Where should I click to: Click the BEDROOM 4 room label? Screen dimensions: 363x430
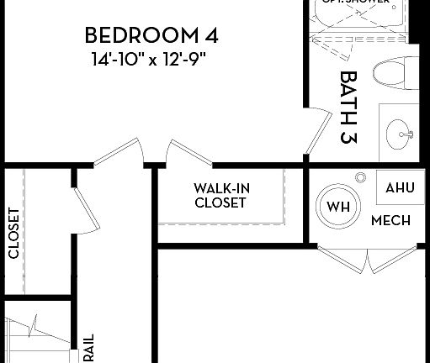point(152,36)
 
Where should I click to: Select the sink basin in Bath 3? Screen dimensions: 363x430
point(398,131)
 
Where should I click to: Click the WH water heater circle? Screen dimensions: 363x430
point(337,207)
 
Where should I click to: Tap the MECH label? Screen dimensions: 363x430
point(390,221)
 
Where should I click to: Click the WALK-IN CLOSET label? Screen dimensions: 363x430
point(220,196)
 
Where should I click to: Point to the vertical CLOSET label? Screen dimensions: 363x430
point(13,233)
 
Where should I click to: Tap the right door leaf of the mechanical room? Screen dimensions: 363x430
point(391,258)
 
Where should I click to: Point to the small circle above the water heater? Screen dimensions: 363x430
point(360,177)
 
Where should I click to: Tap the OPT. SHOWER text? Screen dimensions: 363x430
point(353,3)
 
